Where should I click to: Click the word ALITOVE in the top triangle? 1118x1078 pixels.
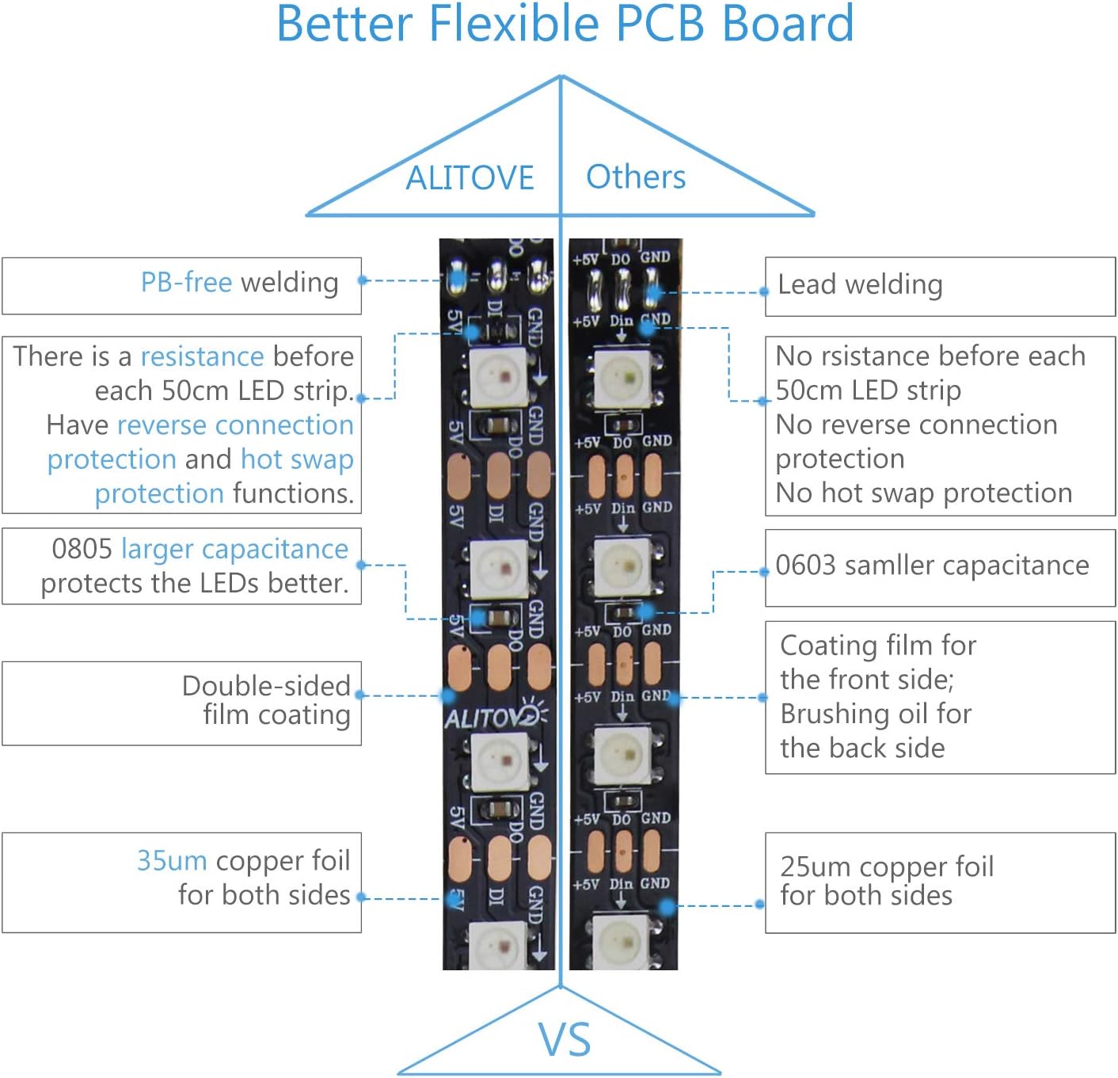[470, 178]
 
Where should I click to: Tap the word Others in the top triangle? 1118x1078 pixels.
[636, 177]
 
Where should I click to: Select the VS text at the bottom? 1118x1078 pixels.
[565, 1039]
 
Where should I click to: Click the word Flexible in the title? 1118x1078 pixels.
[515, 24]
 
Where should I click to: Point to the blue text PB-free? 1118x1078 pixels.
[186, 282]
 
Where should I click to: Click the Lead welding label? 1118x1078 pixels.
[860, 284]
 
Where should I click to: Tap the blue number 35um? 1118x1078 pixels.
[172, 860]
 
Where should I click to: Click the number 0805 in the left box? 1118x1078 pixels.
[82, 548]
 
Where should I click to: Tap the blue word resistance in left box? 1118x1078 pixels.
[202, 356]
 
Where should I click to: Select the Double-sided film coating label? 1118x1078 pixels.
[266, 700]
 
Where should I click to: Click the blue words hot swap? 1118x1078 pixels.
[297, 459]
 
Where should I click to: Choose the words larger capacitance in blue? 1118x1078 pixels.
[234, 548]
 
